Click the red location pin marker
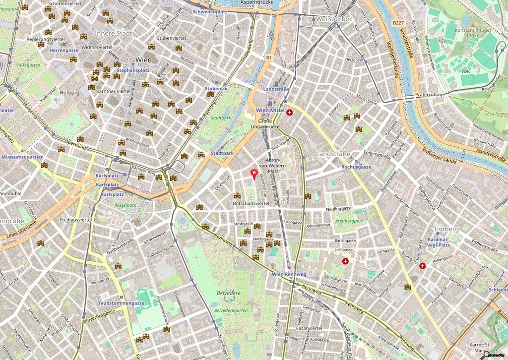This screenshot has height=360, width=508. pyautogui.click(x=254, y=174)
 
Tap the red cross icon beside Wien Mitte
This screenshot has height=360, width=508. pyautogui.click(x=289, y=113)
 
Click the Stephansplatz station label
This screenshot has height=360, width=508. pyautogui.click(x=132, y=70)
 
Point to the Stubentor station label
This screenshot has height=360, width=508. pyautogui.click(x=216, y=88)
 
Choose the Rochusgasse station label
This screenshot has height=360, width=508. pyautogui.click(x=356, y=167)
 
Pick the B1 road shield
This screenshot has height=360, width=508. pyautogui.click(x=269, y=58)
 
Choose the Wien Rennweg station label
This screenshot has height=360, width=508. pyautogui.click(x=289, y=274)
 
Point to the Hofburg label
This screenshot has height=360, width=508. pyautogui.click(x=69, y=93)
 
